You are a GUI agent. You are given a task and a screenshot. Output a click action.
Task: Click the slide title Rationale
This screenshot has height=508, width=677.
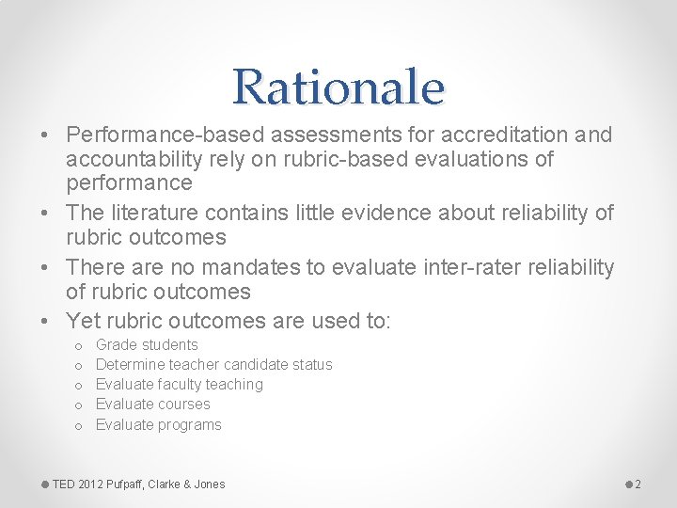click(338, 87)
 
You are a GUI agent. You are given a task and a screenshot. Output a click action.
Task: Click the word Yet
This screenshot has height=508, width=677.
click(83, 321)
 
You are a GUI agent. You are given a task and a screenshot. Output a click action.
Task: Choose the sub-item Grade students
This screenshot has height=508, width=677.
click(147, 345)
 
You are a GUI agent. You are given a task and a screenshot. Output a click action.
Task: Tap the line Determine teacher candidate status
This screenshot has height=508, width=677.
click(213, 365)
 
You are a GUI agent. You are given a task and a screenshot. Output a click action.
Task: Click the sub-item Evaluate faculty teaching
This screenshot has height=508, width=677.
click(179, 385)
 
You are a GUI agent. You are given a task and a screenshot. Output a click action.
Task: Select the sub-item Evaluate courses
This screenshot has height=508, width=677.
click(152, 405)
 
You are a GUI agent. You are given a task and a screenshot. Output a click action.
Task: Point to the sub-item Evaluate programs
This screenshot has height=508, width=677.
click(158, 425)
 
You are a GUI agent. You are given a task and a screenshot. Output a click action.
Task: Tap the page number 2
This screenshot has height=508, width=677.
click(638, 484)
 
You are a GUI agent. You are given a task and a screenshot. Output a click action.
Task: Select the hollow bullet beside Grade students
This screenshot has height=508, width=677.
click(78, 346)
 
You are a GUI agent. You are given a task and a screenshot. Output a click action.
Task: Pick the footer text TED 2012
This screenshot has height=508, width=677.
click(77, 484)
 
